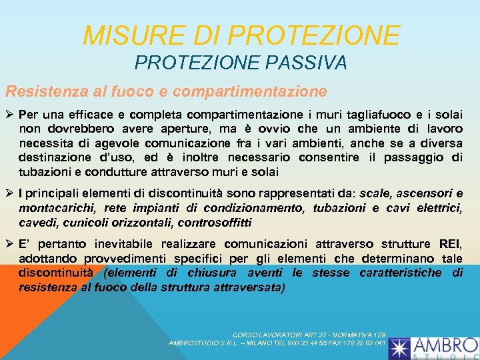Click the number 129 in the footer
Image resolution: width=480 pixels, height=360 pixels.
(379, 334)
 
